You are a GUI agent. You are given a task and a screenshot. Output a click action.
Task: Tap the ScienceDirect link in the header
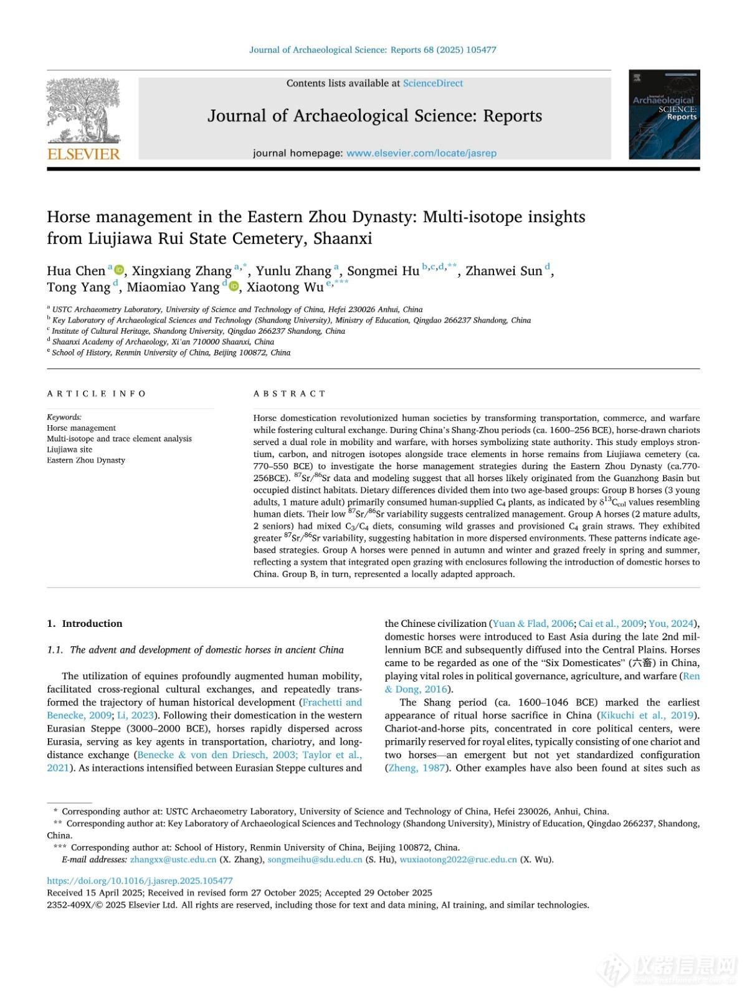433,83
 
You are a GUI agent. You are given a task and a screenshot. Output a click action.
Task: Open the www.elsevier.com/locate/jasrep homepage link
421,153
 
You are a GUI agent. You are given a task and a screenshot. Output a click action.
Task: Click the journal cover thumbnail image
664,114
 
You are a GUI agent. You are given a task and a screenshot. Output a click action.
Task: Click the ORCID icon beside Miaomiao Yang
234,286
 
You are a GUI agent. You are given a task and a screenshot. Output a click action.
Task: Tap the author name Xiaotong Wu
285,287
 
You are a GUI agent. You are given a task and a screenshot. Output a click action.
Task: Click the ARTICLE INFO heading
97,393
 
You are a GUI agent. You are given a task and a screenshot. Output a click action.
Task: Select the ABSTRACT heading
290,393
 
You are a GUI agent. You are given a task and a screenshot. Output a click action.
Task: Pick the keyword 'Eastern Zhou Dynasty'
86,460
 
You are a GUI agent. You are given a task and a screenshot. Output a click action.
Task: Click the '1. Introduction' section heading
85,623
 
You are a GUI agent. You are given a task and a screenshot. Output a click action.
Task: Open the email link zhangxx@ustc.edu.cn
173,860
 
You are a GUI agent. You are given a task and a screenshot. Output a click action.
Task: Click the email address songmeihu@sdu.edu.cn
315,860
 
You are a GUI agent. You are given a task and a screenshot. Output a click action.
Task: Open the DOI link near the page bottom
140,881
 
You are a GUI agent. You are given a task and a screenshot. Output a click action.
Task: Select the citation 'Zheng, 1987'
417,768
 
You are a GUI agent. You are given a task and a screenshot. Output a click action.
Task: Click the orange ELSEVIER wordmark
83,154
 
